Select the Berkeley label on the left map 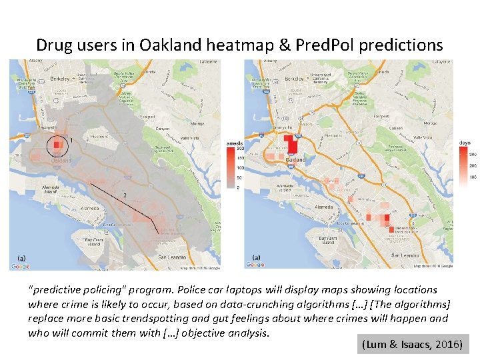coord(60,78)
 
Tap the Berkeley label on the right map coord(294,78)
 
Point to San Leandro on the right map coord(404,255)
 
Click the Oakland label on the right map coord(295,160)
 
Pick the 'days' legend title coord(465,143)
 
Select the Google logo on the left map coord(20,266)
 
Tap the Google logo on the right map coord(255,265)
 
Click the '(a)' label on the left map coord(21,257)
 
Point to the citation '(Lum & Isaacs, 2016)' coord(413,344)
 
